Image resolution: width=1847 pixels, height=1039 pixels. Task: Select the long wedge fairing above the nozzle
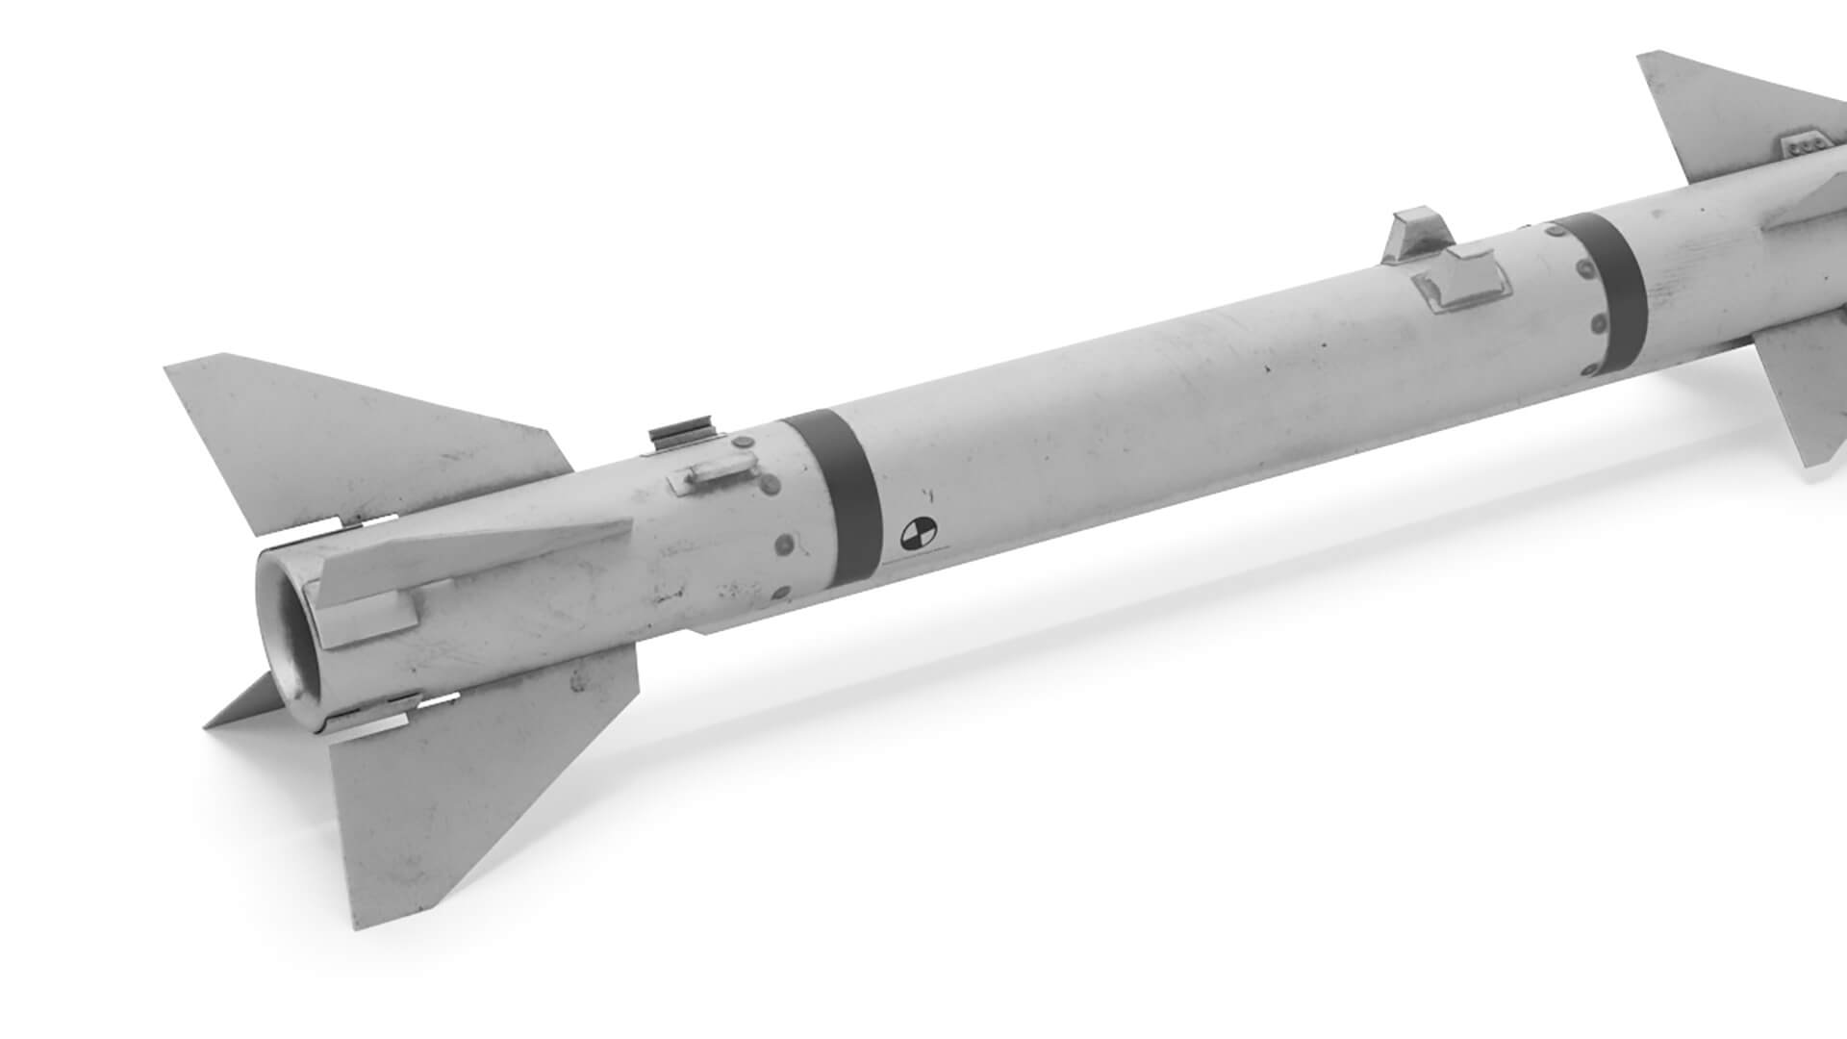(481, 558)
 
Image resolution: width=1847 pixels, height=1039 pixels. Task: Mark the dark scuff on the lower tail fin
(578, 684)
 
